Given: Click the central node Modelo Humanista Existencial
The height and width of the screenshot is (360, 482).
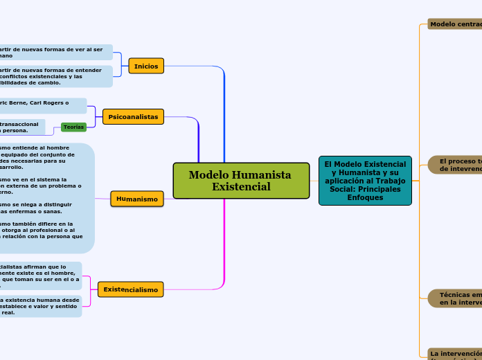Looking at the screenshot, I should [x=240, y=181].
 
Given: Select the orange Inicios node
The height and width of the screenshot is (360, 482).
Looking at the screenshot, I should [x=146, y=66].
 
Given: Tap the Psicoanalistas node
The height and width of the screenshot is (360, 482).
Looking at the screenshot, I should [x=133, y=117].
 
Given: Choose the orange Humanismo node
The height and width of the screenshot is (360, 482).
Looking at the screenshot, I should [x=137, y=199].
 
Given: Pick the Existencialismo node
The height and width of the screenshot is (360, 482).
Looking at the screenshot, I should [x=131, y=289].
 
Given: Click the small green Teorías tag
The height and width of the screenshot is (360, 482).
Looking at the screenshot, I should [x=73, y=127].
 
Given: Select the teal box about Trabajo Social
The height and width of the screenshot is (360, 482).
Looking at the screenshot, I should [x=365, y=181].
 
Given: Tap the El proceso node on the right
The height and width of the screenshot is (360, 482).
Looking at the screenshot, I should [x=456, y=165].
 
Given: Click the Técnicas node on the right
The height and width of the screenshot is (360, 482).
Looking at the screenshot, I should [x=456, y=298].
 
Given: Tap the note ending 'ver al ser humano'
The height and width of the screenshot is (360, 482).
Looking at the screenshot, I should [x=55, y=52].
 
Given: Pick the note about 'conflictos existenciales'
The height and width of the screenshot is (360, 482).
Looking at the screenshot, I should [x=55, y=76].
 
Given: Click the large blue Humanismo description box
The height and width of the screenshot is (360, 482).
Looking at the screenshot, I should [x=46, y=198].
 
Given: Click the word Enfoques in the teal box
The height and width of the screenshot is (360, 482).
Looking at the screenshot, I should [x=365, y=197].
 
